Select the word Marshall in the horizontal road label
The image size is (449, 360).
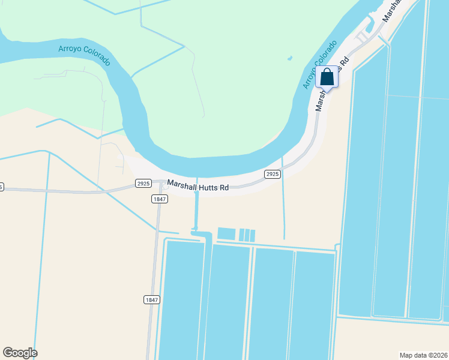click(x=182, y=184)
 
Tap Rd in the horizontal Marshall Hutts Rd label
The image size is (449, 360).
click(x=224, y=188)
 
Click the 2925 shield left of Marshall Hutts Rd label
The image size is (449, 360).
click(x=143, y=183)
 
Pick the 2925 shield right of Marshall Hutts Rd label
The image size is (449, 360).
click(x=273, y=174)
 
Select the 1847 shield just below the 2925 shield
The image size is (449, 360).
click(x=159, y=199)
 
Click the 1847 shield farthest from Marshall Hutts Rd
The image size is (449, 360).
click(x=152, y=299)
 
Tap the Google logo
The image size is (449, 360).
click(x=20, y=353)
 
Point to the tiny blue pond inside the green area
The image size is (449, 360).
click(x=289, y=59)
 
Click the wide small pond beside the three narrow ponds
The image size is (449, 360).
click(x=226, y=234)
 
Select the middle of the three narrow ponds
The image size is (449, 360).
click(x=247, y=235)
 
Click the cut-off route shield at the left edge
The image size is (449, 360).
click(x=1, y=187)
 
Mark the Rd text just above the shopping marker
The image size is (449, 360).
click(x=345, y=62)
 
